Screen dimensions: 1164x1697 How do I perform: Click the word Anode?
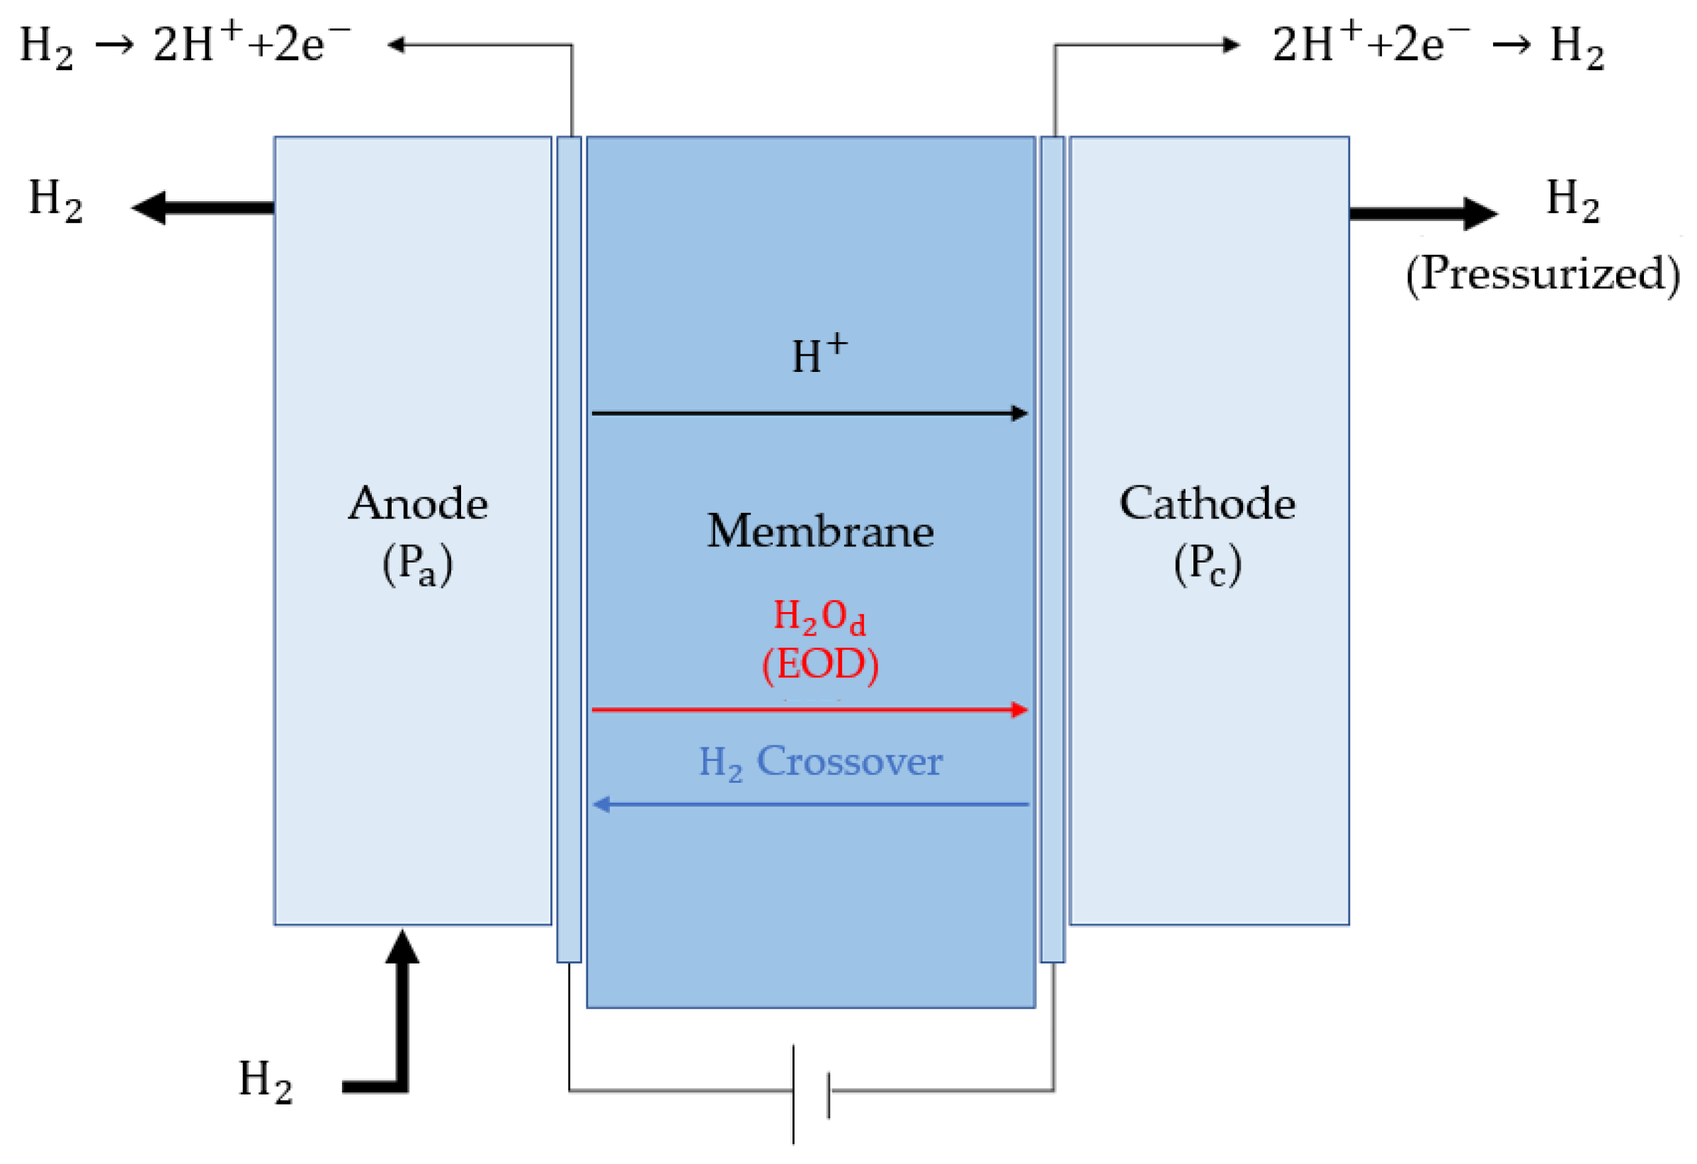pyautogui.click(x=418, y=504)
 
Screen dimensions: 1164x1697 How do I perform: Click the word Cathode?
pyautogui.click(x=1207, y=504)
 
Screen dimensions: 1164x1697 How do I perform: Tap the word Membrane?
pyautogui.click(x=819, y=531)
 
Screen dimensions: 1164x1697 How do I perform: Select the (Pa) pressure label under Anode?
pyautogui.click(x=418, y=565)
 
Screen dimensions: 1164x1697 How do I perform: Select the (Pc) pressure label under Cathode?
pyautogui.click(x=1207, y=565)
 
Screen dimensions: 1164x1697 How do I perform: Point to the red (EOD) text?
pyautogui.click(x=819, y=665)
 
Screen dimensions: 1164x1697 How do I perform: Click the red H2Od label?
pyautogui.click(x=819, y=617)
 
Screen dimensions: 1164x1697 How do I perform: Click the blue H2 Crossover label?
pyautogui.click(x=821, y=762)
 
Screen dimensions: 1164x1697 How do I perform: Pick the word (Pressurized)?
pyautogui.click(x=1542, y=275)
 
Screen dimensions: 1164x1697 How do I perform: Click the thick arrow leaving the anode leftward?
pyautogui.click(x=205, y=208)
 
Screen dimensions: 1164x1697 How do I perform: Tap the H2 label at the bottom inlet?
pyautogui.click(x=265, y=1080)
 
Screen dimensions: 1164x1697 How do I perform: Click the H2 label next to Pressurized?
pyautogui.click(x=1572, y=200)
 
